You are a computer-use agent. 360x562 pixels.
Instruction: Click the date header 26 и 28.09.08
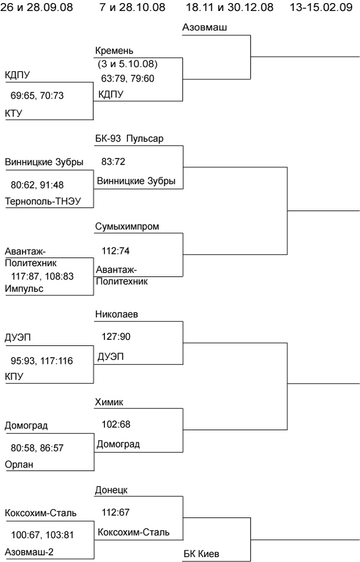(37, 7)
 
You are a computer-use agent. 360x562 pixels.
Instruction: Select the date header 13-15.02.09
(321, 7)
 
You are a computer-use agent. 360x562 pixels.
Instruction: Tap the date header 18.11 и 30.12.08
(229, 7)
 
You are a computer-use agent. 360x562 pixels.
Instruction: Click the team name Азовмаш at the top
(205, 27)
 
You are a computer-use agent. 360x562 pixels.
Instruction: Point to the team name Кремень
(114, 51)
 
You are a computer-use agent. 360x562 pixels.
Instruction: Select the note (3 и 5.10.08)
(128, 64)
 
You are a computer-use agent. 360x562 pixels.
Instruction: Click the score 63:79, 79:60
(128, 78)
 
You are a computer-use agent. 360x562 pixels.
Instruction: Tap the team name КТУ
(13, 113)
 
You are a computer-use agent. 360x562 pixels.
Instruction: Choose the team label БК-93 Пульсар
(129, 139)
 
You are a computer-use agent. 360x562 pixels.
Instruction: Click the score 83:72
(113, 162)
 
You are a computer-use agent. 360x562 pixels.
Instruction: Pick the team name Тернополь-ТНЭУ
(43, 201)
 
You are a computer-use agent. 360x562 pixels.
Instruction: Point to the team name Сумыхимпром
(127, 226)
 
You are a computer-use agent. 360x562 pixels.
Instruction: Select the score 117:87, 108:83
(42, 276)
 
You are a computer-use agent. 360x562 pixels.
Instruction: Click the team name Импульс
(24, 289)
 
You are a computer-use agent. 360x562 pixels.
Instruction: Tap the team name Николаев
(117, 314)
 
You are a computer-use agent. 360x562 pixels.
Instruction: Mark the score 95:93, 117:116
(42, 361)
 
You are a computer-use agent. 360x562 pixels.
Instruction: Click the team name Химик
(109, 402)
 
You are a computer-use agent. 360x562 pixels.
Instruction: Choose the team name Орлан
(19, 464)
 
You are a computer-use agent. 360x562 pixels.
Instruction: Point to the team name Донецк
(111, 490)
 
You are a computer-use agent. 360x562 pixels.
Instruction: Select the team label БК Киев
(201, 553)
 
